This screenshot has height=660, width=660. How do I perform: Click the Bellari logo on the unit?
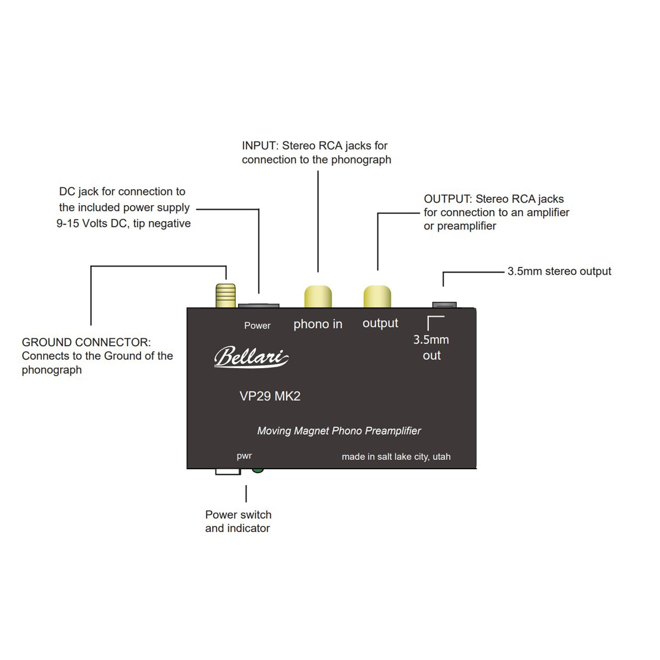251,356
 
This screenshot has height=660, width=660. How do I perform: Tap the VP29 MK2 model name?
270,396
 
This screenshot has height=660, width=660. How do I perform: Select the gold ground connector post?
226,295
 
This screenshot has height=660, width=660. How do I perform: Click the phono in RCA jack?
318,296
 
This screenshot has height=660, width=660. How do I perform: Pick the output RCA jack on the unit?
377,296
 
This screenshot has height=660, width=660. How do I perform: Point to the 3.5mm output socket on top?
444,305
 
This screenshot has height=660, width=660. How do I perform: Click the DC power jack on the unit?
258,306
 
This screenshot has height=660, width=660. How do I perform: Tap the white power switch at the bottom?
227,471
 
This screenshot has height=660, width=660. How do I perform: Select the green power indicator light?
258,470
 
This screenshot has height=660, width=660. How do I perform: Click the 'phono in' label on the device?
318,324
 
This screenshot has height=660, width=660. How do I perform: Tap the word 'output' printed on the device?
380,323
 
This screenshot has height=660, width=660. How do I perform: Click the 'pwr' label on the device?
244,456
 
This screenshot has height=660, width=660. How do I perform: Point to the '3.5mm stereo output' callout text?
559,271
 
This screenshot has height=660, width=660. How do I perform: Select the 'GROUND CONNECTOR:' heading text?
86,342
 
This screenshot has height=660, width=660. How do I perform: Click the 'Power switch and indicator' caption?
238,521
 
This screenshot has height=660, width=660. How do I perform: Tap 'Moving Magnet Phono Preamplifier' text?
339,431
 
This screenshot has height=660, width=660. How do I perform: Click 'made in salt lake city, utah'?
396,456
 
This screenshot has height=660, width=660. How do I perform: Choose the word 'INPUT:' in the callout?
260,146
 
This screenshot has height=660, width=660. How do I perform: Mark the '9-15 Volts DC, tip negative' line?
123,223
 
